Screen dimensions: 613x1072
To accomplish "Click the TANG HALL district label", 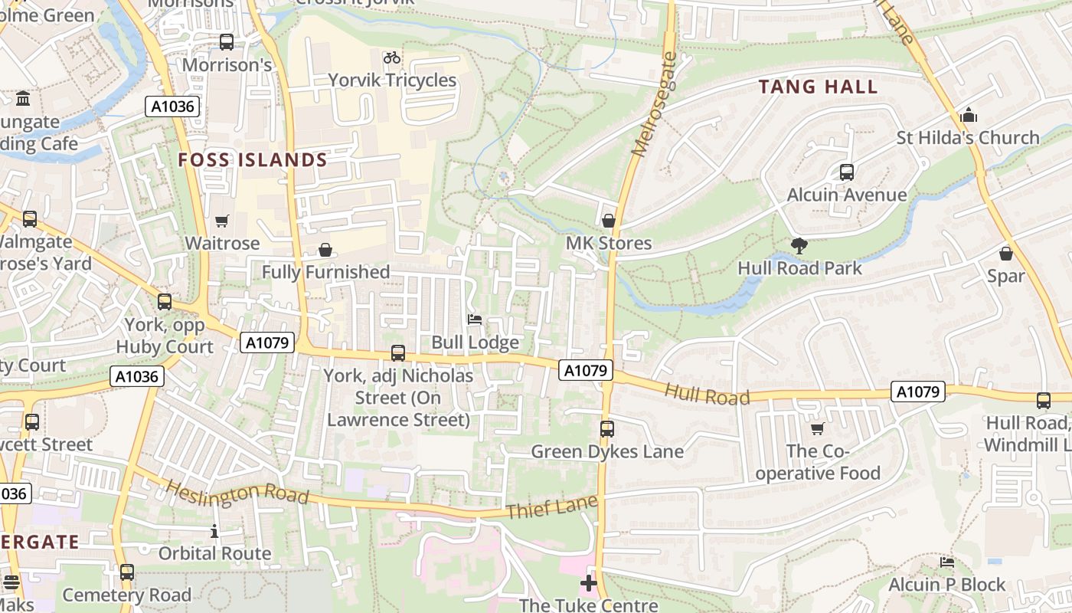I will point(818,87).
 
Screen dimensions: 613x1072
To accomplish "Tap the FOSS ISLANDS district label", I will point(253,160).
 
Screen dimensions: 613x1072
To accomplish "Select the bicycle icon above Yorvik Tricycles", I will point(392,57).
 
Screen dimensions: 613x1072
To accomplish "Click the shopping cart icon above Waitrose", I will point(222,221).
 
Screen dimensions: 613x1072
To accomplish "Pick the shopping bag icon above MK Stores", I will point(609,221).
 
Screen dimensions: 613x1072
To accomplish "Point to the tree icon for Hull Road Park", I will point(799,246).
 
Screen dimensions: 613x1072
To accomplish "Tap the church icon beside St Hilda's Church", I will point(969,116).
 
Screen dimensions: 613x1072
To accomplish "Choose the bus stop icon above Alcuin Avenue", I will point(847,172).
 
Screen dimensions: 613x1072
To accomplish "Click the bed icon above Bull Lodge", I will point(475,320).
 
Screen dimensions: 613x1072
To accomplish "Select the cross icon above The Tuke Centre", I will point(588,583).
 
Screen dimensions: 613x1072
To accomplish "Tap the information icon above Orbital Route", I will point(214,531).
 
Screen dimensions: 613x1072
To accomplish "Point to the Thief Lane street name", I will point(551,507).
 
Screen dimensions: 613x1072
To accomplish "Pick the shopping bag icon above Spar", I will point(1006,254).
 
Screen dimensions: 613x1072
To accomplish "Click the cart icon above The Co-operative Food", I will point(818,429).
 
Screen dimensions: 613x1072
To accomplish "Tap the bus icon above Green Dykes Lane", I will point(607,429).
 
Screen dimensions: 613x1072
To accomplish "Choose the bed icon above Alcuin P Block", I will point(947,562).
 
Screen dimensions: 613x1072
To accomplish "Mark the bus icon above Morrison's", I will point(227,42).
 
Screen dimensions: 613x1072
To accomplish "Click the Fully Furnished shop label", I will point(326,272).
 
